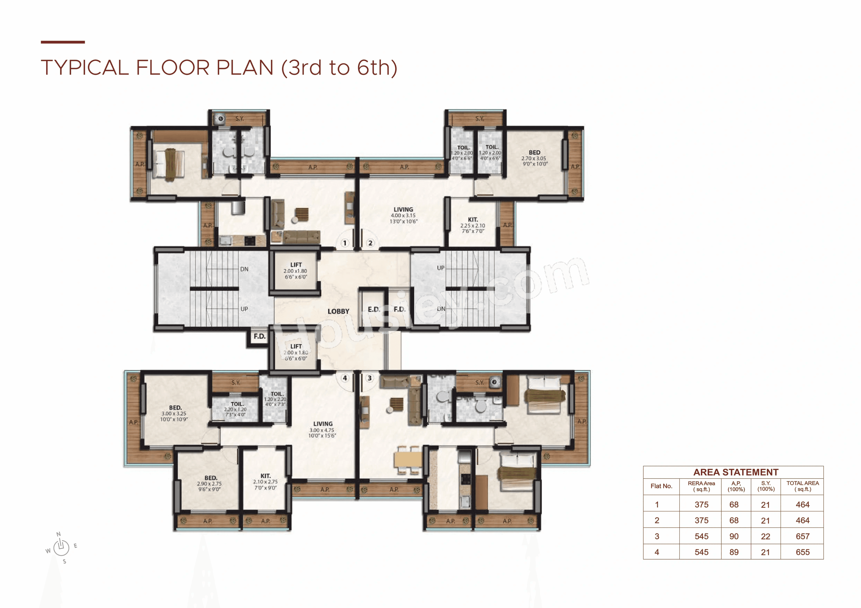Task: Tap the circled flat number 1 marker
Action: click(345, 243)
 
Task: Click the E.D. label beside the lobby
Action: click(374, 309)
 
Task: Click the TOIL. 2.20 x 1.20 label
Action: click(236, 409)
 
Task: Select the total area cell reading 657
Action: click(802, 537)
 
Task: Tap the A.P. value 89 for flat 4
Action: click(734, 552)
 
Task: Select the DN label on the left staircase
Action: click(244, 269)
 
